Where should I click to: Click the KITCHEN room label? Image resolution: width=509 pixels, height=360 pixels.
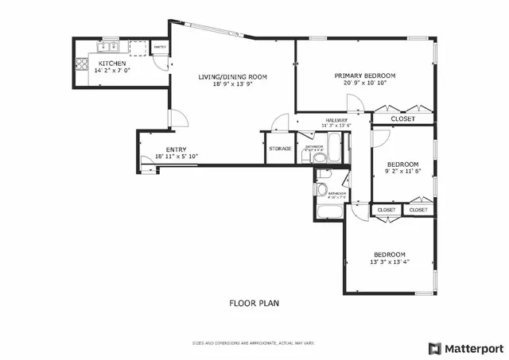point(111,63)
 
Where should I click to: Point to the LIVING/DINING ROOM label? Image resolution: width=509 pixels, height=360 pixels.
point(232,76)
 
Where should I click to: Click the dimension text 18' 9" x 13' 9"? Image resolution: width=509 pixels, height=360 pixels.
point(232,84)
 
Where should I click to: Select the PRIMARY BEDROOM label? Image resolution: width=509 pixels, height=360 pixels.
point(364,75)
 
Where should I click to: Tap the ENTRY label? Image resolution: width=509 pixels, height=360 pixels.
point(176,149)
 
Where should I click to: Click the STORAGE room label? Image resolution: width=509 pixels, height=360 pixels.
point(279,149)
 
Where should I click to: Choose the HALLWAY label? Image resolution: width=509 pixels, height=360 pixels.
point(336,119)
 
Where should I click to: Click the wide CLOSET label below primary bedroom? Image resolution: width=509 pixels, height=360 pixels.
point(402,118)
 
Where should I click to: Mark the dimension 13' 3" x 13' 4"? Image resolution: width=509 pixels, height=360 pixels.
point(389,261)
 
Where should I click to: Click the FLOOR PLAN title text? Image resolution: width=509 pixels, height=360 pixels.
point(254,303)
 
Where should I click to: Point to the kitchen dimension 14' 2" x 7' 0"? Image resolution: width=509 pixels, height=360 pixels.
point(111,70)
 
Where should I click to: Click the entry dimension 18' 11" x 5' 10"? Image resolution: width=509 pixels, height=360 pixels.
point(176,157)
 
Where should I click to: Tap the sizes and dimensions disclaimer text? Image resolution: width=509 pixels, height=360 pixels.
point(254,343)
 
